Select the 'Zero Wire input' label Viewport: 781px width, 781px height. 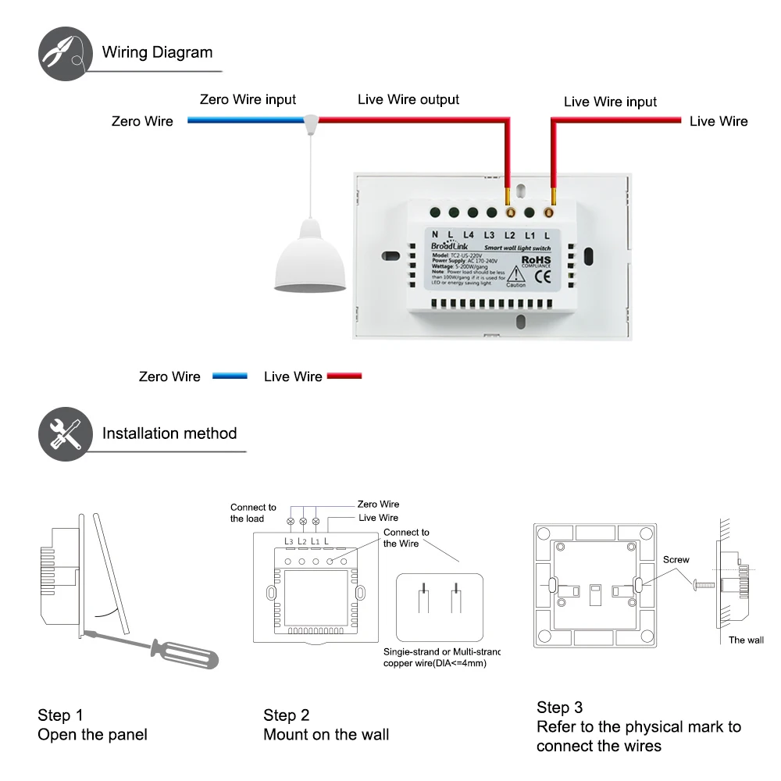[248, 99]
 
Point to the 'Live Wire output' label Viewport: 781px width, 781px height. [408, 99]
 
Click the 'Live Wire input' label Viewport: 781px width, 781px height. [610, 102]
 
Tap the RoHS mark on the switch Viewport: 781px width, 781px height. [536, 259]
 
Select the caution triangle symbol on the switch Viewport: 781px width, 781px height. [515, 275]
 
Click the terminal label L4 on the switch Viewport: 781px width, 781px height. [469, 235]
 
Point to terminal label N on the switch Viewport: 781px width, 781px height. [435, 235]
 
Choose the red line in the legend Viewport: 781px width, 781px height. [344, 376]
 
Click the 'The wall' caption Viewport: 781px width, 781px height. [746, 640]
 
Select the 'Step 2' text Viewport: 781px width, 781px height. [287, 715]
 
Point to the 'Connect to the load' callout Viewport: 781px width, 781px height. [253, 513]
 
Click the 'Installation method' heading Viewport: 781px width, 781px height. [169, 433]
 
